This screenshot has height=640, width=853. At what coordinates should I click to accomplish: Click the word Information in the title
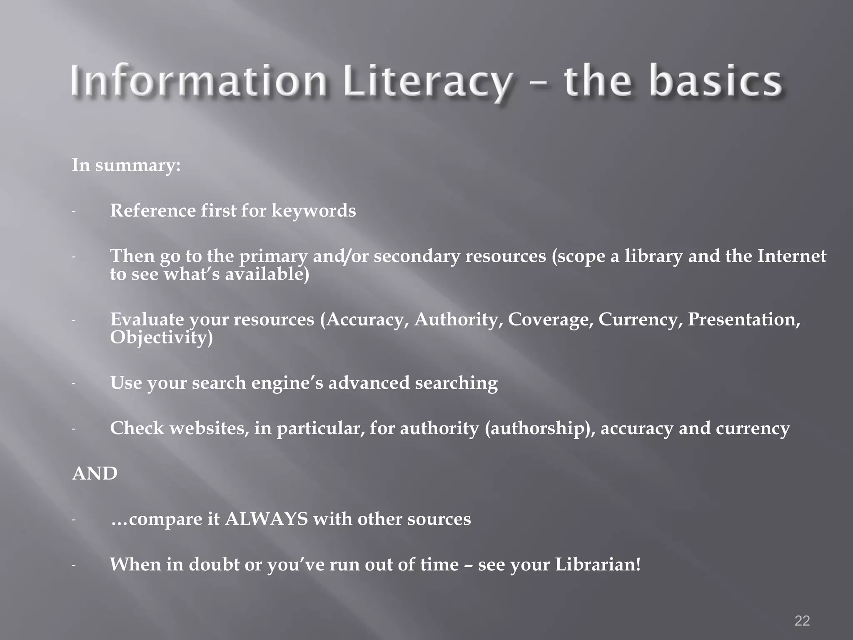click(x=198, y=81)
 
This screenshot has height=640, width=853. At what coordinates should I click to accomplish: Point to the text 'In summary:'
click(x=126, y=165)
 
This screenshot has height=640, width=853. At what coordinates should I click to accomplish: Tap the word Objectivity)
click(x=161, y=337)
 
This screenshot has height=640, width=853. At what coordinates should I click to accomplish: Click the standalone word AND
click(x=95, y=474)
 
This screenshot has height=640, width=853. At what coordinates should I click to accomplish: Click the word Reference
click(x=152, y=210)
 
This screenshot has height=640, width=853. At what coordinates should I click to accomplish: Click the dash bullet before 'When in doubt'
click(x=73, y=565)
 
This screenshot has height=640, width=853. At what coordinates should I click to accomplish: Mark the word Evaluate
click(x=147, y=320)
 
